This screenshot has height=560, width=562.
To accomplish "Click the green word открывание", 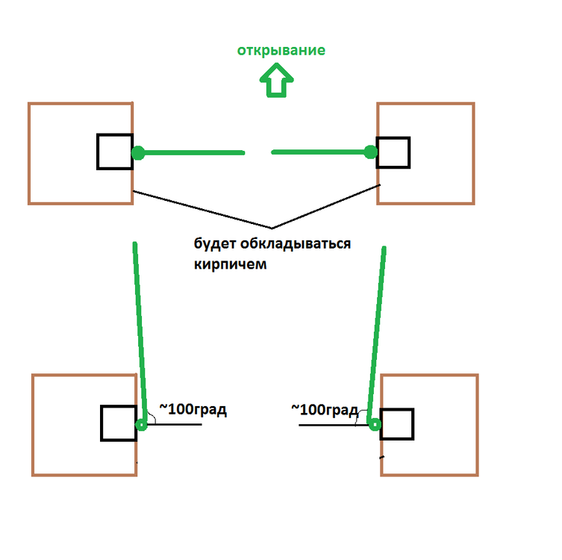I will tap(281, 51).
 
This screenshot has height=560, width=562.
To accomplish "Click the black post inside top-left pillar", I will tap(115, 152).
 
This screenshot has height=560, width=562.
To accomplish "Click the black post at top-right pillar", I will tap(393, 152).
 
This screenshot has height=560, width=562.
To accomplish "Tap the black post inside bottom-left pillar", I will tap(119, 423).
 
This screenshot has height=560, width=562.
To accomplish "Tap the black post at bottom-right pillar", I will tap(397, 424).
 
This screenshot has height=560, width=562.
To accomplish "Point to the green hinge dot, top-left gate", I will tap(138, 153).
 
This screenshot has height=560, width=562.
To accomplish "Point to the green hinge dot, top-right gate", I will tap(369, 152).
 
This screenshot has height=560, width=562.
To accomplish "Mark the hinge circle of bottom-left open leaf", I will tap(141, 426).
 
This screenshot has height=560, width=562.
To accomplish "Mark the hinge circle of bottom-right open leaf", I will tap(375, 425).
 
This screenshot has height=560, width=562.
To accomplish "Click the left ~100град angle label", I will tap(192, 409).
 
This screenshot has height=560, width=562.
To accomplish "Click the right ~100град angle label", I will tap(324, 409).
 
